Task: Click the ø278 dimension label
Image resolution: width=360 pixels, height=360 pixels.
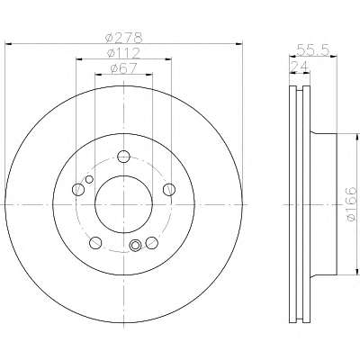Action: [124, 38]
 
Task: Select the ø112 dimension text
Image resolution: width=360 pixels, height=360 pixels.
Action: [124, 53]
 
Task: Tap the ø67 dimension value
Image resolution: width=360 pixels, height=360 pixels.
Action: [123, 68]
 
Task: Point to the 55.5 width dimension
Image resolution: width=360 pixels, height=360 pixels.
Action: [313, 49]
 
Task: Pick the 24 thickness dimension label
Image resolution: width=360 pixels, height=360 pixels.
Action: [299, 67]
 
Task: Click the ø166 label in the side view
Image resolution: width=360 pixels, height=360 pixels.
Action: [351, 204]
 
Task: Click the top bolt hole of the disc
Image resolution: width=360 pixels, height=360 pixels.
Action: [123, 157]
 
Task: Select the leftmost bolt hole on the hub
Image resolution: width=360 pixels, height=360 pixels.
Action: [78, 189]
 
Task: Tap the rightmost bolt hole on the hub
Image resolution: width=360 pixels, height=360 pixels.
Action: [169, 189]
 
